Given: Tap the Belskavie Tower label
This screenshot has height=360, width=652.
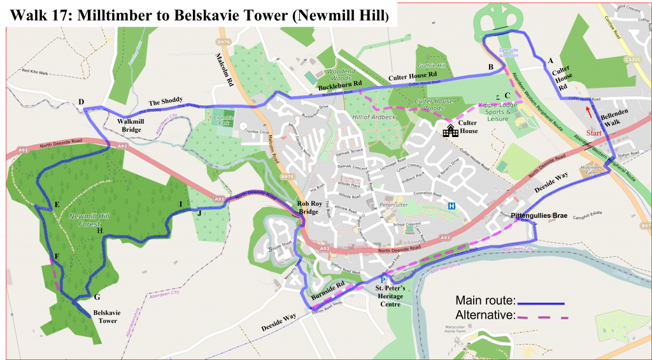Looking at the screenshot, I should click(106, 317).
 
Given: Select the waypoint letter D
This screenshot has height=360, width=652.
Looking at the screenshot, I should click(81, 102).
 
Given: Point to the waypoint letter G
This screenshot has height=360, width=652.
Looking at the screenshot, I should click(97, 297).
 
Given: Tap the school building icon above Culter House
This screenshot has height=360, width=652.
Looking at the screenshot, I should click(451, 131).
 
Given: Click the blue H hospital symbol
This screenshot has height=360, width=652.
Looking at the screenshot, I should click(451, 206).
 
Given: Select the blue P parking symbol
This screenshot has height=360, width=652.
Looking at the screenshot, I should click(383, 280).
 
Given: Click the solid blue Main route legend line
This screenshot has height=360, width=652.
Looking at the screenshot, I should click(541, 303).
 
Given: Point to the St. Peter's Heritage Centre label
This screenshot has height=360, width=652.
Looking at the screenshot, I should click(382, 296).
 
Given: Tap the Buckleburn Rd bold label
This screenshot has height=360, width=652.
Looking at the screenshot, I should click(340, 83).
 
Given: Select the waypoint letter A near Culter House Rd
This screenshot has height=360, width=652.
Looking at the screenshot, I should click(549, 61).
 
